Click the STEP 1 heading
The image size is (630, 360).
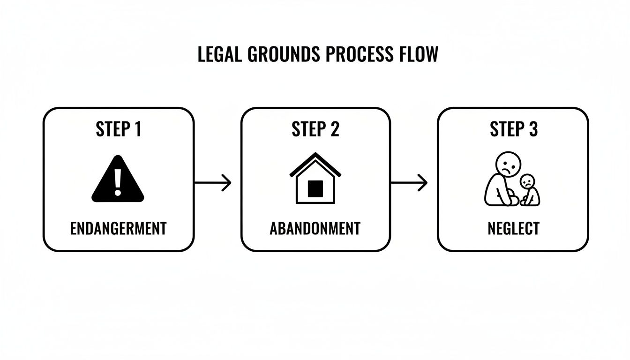[x=118, y=129]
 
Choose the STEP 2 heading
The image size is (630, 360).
[x=315, y=129]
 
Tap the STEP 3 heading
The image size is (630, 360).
[x=513, y=129]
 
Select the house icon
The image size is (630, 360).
[x=315, y=179]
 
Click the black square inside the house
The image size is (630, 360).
[x=315, y=189]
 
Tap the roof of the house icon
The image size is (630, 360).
[x=315, y=161]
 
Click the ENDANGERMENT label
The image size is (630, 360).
[x=118, y=229]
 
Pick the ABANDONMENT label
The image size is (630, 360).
[x=315, y=229]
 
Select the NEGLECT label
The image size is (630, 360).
[x=513, y=229]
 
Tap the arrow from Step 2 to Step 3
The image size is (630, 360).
[x=409, y=183]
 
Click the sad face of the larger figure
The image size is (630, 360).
[x=508, y=164]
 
